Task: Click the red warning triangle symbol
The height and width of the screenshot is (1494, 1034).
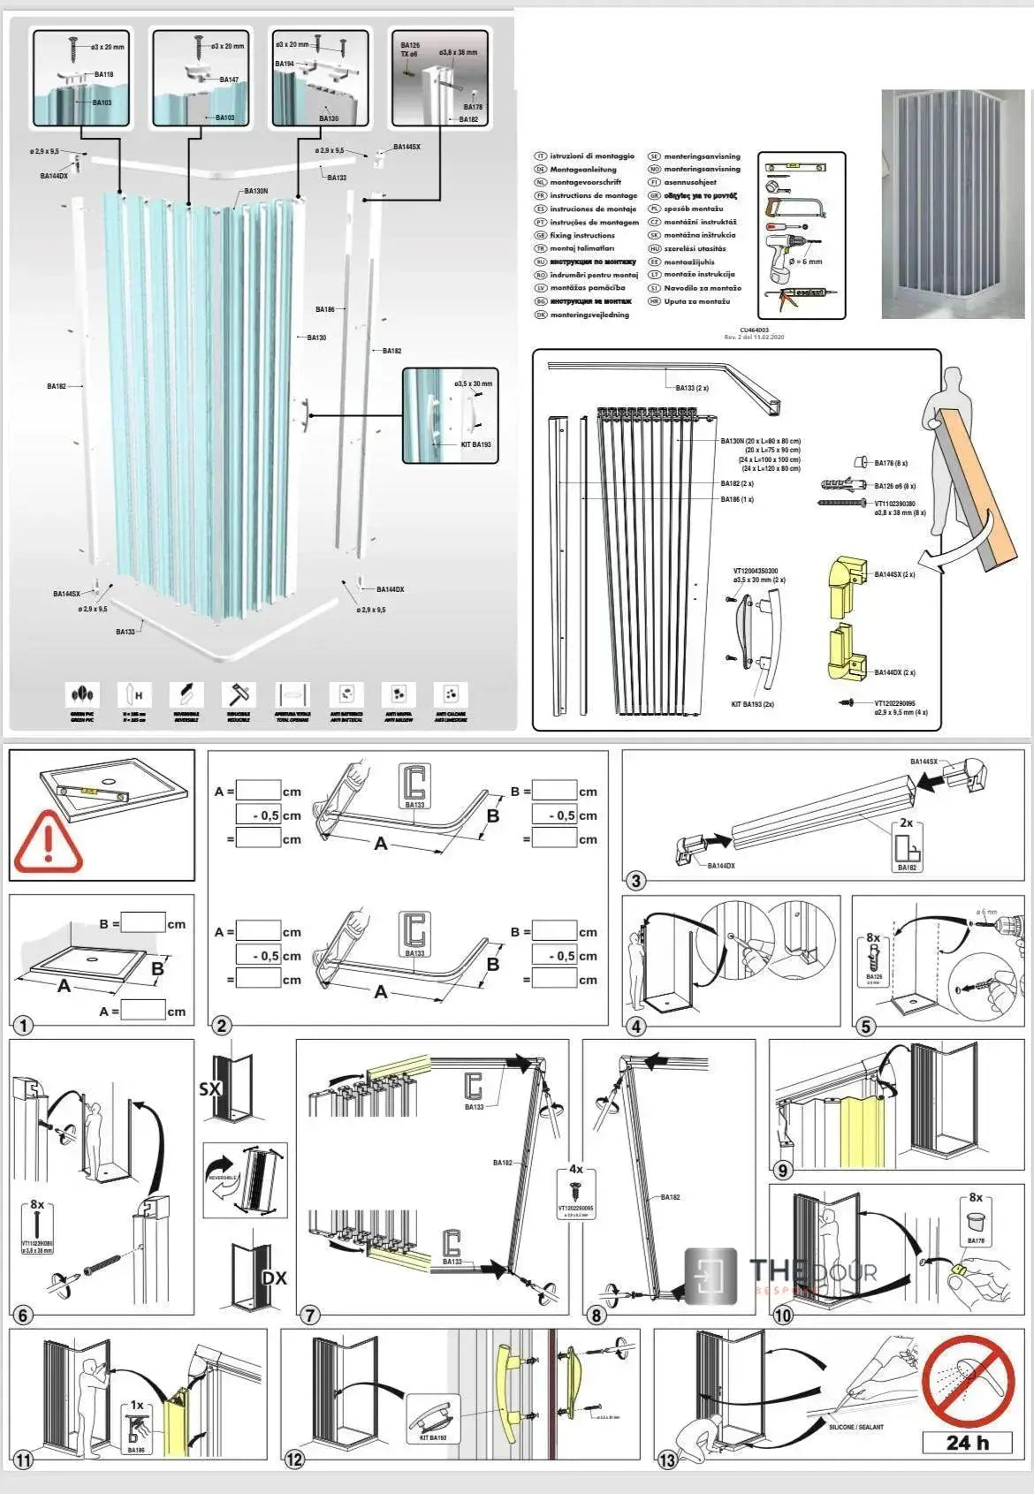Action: [x=48, y=846]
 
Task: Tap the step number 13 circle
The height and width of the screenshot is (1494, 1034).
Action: [x=667, y=1460]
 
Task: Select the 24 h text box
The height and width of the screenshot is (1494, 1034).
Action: [x=967, y=1443]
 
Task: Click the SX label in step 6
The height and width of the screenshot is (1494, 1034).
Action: [x=210, y=1089]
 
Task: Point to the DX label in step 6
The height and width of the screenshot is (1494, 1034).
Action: [x=275, y=1278]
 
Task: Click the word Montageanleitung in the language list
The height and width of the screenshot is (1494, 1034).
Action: [x=583, y=169]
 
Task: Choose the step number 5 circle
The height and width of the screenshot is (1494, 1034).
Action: [x=866, y=1026]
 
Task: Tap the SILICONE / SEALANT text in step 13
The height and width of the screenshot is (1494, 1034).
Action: [x=855, y=1427]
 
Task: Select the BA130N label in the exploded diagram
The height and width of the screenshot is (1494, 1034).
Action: [x=255, y=191]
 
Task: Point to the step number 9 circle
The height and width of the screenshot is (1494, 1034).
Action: [x=783, y=1171]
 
